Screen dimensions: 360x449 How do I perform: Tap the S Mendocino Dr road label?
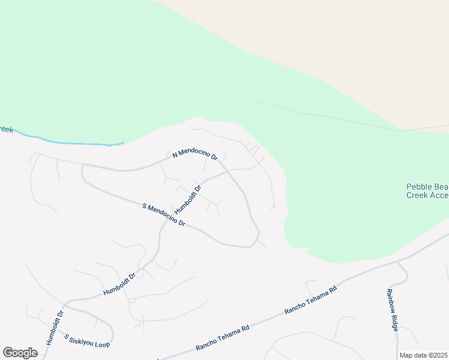pos(164,215)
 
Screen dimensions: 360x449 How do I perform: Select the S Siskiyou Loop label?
pos(88,341)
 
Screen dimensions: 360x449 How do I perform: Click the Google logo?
pos(20,353)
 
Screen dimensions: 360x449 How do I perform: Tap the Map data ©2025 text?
pos(424,355)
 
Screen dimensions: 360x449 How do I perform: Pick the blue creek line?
pos(72,143)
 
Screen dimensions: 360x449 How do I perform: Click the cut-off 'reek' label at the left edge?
pos(6,129)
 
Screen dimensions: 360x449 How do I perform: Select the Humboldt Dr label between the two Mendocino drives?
pos(188,199)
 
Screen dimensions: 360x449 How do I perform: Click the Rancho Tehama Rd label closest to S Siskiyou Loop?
pos(223,338)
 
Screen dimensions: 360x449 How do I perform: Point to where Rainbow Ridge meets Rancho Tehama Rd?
pos(398,262)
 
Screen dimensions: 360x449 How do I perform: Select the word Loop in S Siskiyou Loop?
pos(103,344)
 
